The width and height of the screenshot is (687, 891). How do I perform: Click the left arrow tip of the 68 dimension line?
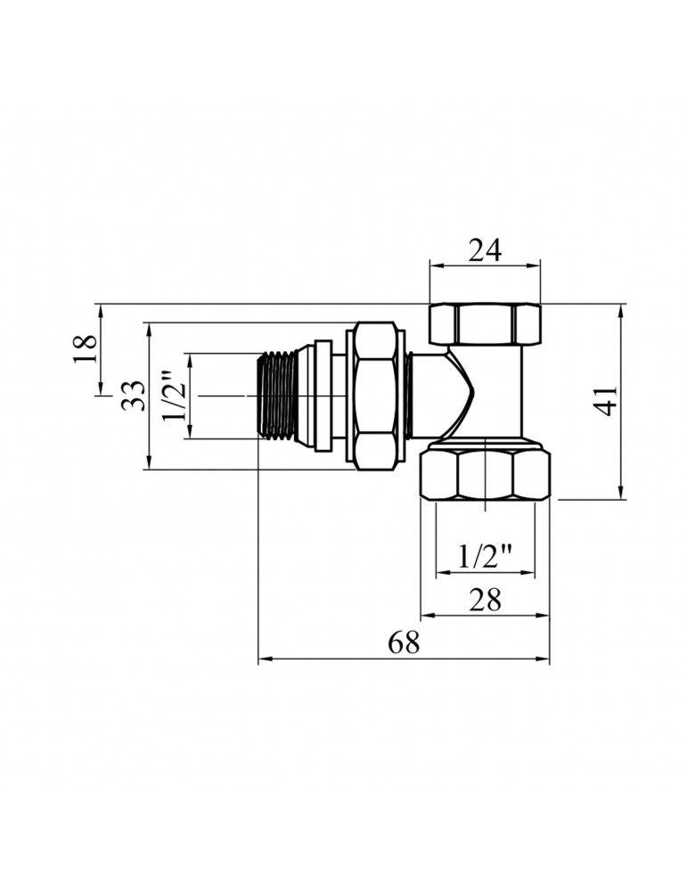(258, 659)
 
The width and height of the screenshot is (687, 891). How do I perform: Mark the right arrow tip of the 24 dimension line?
(539, 265)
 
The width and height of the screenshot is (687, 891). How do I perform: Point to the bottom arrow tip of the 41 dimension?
(620, 500)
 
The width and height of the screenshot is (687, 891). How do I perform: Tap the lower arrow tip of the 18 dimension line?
(102, 394)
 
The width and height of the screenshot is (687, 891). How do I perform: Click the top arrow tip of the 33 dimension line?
(149, 323)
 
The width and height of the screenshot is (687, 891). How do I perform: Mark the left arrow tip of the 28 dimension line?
(421, 616)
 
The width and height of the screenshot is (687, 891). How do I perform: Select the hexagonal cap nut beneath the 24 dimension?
(485, 324)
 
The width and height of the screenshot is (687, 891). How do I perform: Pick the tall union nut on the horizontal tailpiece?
(376, 396)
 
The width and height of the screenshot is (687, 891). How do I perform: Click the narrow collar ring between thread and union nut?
(323, 396)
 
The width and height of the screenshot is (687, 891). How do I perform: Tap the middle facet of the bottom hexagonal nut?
(486, 475)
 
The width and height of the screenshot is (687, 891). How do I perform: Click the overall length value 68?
(404, 642)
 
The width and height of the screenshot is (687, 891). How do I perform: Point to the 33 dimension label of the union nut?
(133, 396)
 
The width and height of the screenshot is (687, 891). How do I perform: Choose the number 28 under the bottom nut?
(485, 599)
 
